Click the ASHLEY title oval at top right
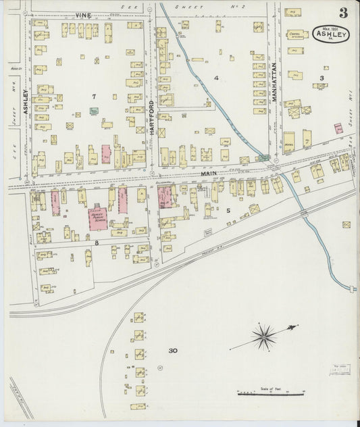331,34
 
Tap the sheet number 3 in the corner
343,13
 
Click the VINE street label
83,15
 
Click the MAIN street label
207,174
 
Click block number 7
95,96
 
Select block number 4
216,78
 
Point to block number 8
97,241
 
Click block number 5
228,210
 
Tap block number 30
173,351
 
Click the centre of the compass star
264,335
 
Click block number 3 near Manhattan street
322,78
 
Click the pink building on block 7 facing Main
106,154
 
